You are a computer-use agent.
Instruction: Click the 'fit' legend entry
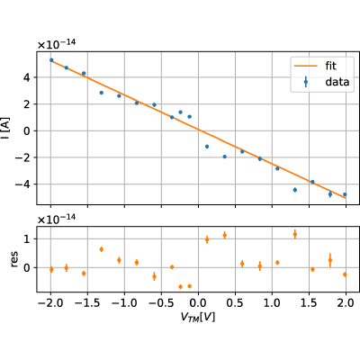tap(331, 66)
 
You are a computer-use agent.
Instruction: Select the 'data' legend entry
tap(337, 82)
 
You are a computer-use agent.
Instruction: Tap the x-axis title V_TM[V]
tap(198, 317)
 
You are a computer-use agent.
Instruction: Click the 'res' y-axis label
tap(14, 259)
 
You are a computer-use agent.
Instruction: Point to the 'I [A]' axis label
tap(6, 129)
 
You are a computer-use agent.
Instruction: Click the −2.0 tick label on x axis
tap(50, 303)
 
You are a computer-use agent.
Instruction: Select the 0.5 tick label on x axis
tap(235, 303)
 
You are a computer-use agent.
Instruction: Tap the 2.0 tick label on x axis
tap(346, 303)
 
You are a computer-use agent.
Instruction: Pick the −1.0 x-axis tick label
tap(124, 303)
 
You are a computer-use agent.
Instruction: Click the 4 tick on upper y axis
tap(26, 77)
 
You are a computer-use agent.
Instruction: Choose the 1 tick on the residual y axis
tap(26, 239)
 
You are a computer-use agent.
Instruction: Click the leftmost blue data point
tap(51, 60)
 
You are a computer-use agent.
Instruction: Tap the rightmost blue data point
tap(345, 194)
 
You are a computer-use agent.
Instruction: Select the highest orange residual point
tap(295, 234)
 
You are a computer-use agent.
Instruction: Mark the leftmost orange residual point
tap(51, 269)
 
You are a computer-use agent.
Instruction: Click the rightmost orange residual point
tap(345, 274)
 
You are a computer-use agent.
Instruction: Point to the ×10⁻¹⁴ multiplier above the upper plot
tap(57, 44)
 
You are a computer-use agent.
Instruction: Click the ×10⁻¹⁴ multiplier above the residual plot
tap(57, 219)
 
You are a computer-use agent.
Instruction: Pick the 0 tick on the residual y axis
tap(26, 267)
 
